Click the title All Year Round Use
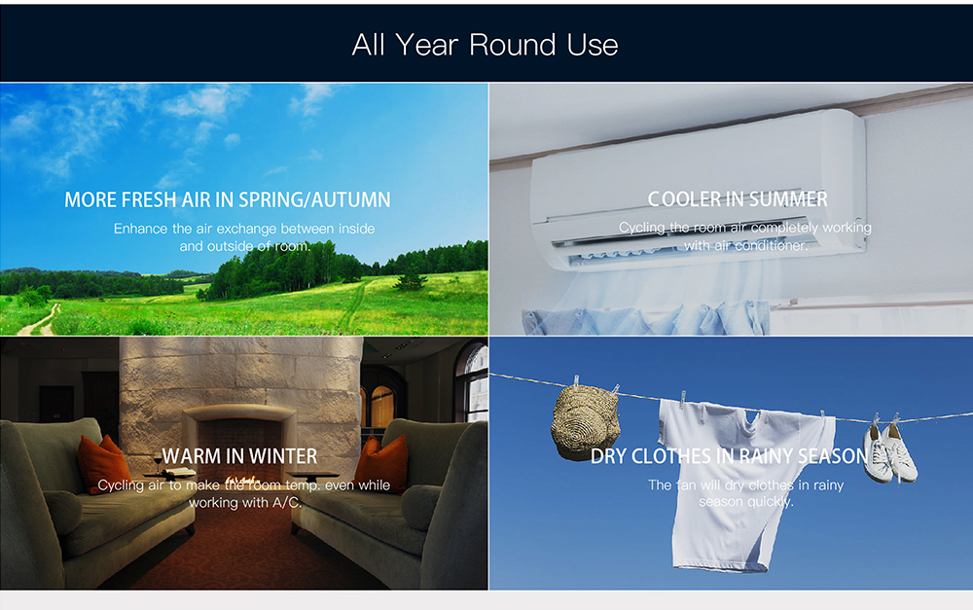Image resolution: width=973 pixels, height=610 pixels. tap(485, 45)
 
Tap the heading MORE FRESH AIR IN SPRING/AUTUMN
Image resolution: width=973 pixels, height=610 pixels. tap(228, 199)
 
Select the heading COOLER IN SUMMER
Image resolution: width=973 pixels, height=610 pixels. tap(738, 199)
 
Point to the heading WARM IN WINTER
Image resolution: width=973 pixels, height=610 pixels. tap(239, 456)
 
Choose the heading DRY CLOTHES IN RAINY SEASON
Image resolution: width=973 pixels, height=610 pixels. tap(729, 456)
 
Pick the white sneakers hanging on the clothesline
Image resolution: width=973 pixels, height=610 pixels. tap(889, 449)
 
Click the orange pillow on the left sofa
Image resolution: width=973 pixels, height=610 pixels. tap(104, 463)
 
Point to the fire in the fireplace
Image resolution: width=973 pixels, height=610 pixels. tap(242, 480)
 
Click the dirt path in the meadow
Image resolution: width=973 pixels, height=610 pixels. tap(39, 319)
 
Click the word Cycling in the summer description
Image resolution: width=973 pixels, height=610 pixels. tap(641, 229)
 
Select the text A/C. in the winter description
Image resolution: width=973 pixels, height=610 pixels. tap(287, 502)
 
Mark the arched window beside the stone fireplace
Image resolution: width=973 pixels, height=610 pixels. tap(381, 405)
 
